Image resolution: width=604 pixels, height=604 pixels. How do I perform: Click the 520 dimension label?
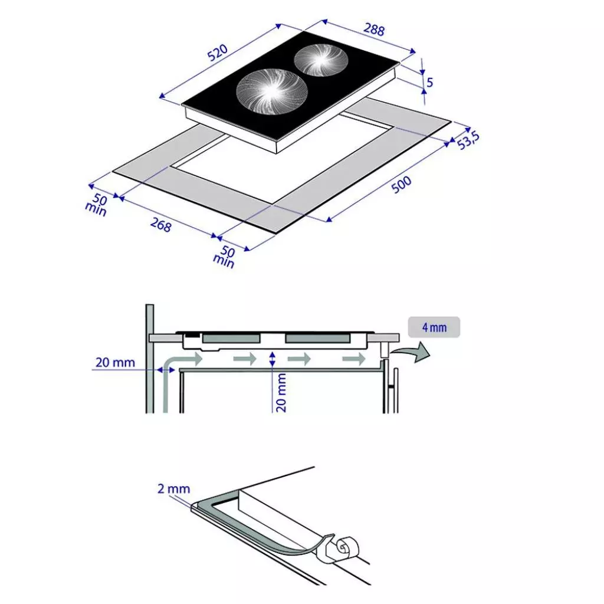pyautogui.click(x=218, y=52)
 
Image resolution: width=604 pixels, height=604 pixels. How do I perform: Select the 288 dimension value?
pyautogui.click(x=374, y=29)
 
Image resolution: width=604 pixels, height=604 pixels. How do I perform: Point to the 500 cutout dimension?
pyautogui.click(x=401, y=185)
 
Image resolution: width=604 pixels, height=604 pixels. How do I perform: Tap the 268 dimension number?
pyautogui.click(x=160, y=225)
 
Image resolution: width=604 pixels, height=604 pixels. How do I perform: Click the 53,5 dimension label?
pyautogui.click(x=468, y=140)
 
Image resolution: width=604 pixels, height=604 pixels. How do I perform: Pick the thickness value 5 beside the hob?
pyautogui.click(x=429, y=83)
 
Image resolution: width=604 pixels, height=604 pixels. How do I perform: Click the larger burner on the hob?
pyautogui.click(x=271, y=91)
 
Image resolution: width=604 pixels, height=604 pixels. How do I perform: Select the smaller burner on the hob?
pyautogui.click(x=321, y=60)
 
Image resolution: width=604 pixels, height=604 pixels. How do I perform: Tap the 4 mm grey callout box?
pyautogui.click(x=434, y=327)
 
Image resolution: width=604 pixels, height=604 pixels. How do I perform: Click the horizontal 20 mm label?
pyautogui.click(x=115, y=363)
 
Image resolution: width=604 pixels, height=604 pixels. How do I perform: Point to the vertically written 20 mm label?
pyautogui.click(x=281, y=392)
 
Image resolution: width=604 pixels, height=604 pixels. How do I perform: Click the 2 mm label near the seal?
pyautogui.click(x=174, y=489)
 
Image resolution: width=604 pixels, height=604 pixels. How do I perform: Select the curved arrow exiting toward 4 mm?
pyautogui.click(x=412, y=352)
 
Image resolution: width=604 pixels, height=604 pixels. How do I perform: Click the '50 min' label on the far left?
pyautogui.click(x=96, y=205)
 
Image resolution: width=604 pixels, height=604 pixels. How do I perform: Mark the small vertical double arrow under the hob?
pyautogui.click(x=273, y=359)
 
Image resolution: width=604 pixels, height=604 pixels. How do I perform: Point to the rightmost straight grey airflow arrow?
pyautogui.click(x=354, y=359)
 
